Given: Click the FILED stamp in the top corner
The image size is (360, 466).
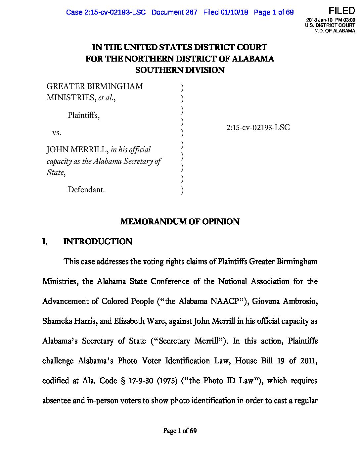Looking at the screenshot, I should (x=341, y=11).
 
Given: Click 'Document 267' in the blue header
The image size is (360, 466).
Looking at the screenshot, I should (x=174, y=12).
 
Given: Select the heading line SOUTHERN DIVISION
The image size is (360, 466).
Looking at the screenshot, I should (x=180, y=70).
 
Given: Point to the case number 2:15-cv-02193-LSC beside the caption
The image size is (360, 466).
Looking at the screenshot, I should (x=258, y=127).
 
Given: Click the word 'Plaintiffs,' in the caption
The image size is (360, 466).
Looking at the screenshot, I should (x=83, y=115).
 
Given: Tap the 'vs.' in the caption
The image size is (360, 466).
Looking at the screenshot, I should (x=57, y=133).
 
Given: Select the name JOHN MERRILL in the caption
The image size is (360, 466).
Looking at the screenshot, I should (x=77, y=150).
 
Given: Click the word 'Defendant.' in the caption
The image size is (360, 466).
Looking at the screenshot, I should (x=86, y=190).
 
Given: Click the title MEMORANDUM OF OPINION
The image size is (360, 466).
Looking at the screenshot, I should (x=180, y=221).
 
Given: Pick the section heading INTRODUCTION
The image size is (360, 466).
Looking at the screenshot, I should (x=98, y=241).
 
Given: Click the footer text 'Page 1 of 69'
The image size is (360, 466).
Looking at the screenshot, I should (x=180, y=431).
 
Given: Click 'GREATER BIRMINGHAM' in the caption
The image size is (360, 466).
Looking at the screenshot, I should (x=95, y=86).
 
